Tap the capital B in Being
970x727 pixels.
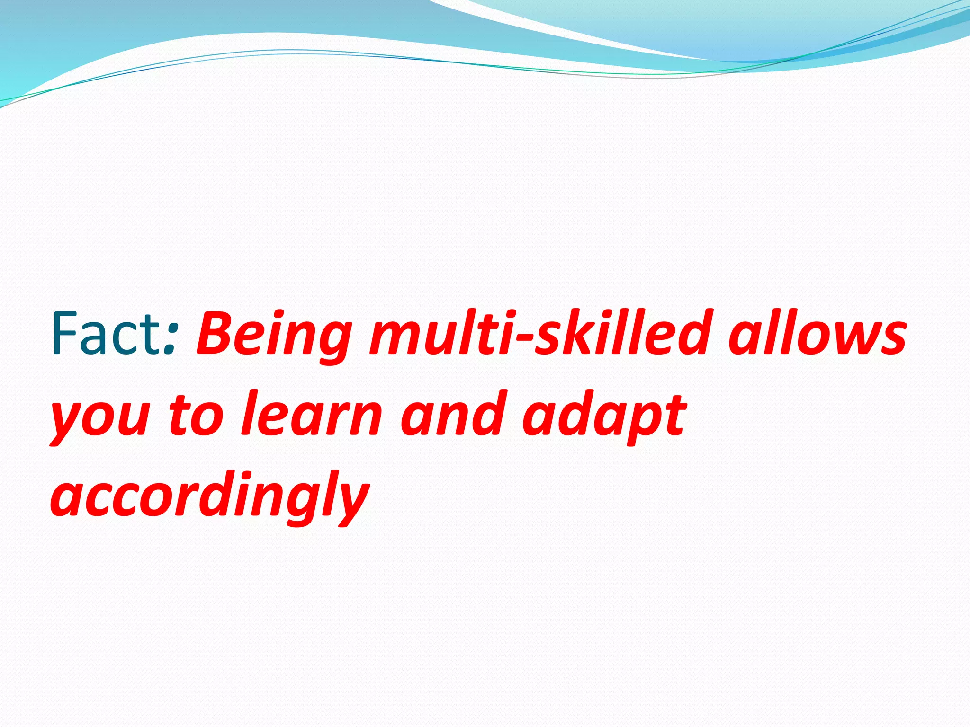216,331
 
